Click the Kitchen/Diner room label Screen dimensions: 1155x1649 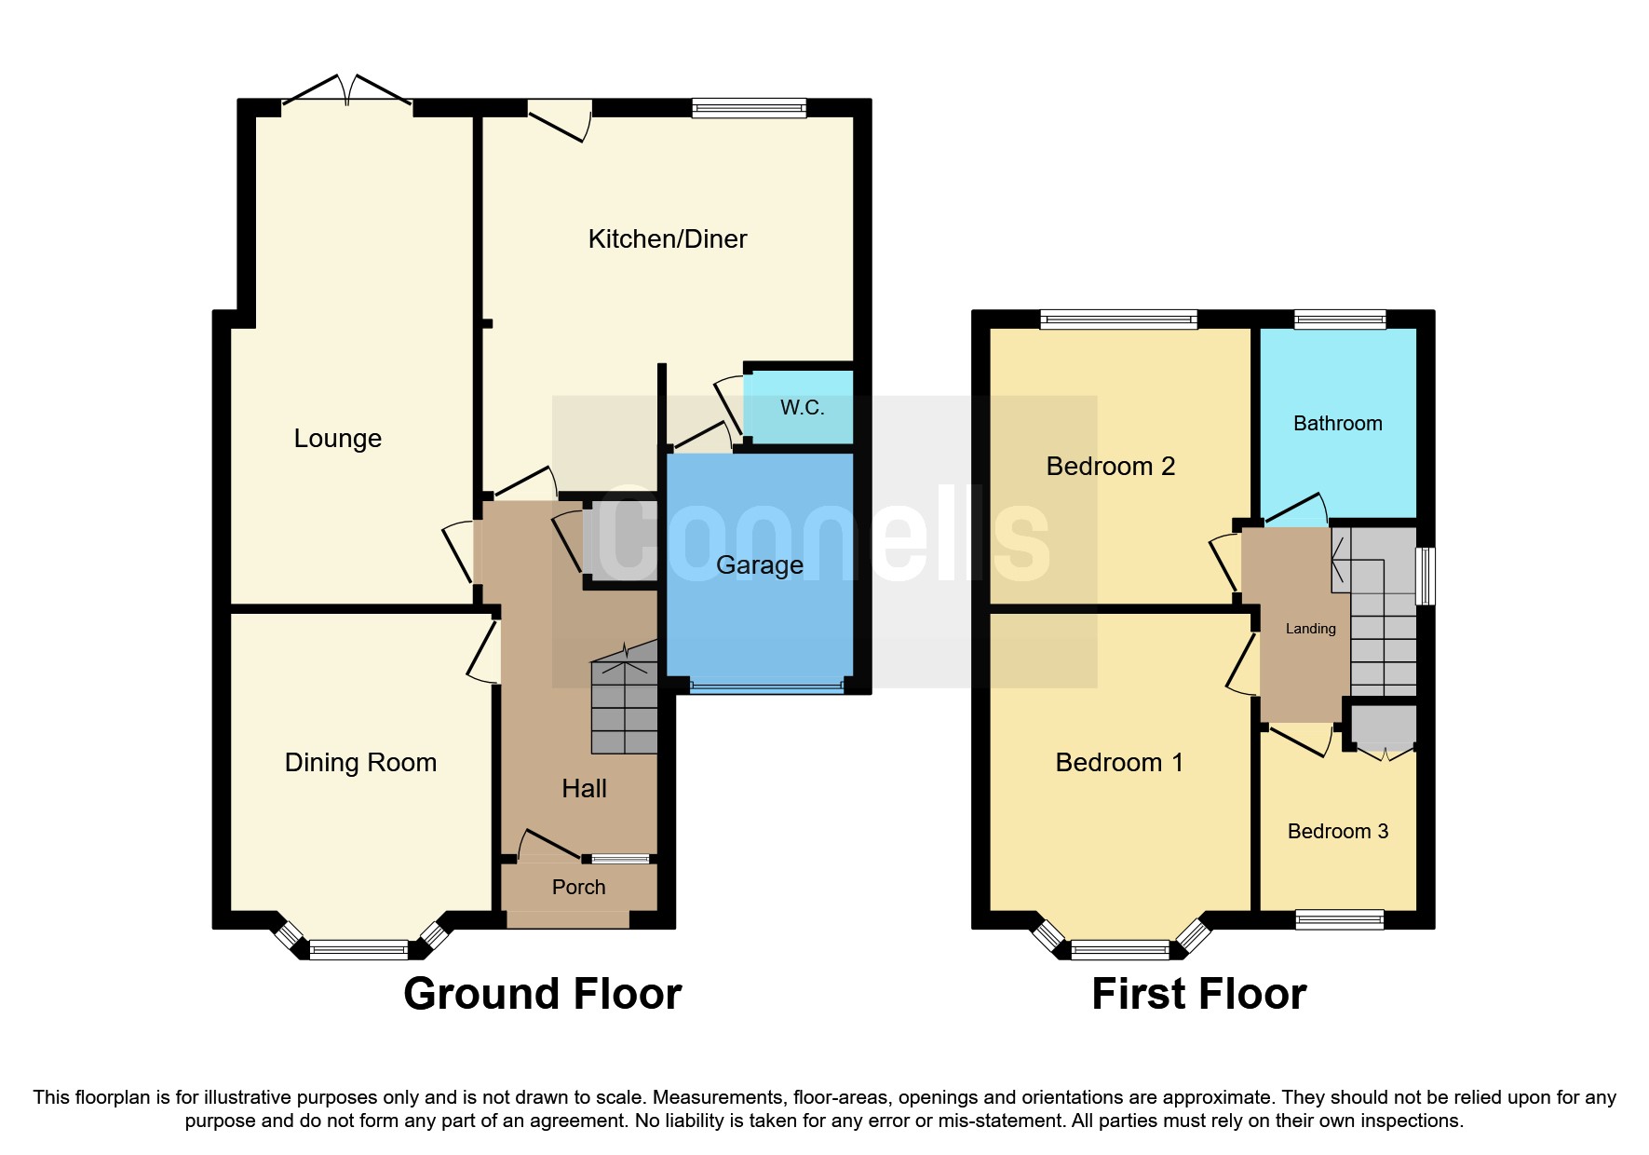667,239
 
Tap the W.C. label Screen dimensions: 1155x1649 802,407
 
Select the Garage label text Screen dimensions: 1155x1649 759,565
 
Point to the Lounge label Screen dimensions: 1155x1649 337,439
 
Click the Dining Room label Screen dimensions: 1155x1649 360,763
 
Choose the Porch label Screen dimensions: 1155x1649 578,888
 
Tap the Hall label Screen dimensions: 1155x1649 584,789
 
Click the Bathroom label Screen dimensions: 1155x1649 1337,424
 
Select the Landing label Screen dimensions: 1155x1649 1310,629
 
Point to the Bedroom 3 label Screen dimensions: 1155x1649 1337,832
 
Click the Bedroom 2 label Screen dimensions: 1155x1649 1110,467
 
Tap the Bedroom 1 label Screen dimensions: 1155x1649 1118,763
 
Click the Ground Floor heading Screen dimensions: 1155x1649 542,994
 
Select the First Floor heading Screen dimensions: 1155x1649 1198,994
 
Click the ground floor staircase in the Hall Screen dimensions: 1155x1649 624,708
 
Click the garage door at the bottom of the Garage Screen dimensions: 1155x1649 766,687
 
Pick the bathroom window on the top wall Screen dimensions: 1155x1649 1339,319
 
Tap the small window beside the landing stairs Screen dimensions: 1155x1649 1426,576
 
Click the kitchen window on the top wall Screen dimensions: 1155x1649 749,108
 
